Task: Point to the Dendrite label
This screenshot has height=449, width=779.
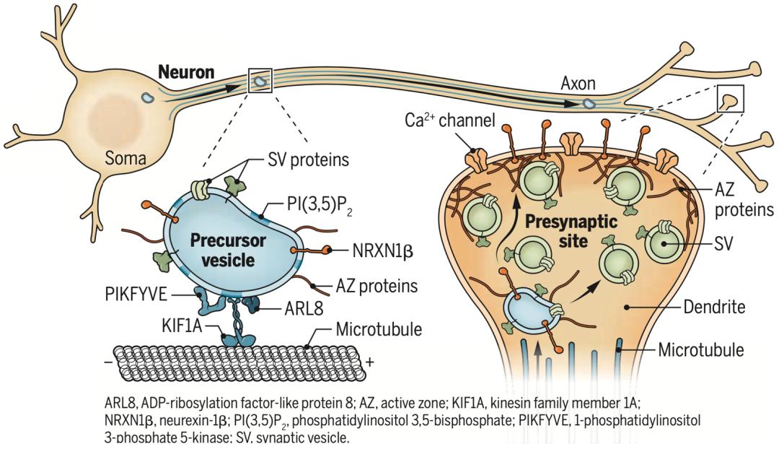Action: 712,308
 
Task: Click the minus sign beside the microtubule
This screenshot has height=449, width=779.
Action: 109,364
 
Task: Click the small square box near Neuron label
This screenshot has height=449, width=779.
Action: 262,81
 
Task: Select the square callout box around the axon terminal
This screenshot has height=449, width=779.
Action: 730,98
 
